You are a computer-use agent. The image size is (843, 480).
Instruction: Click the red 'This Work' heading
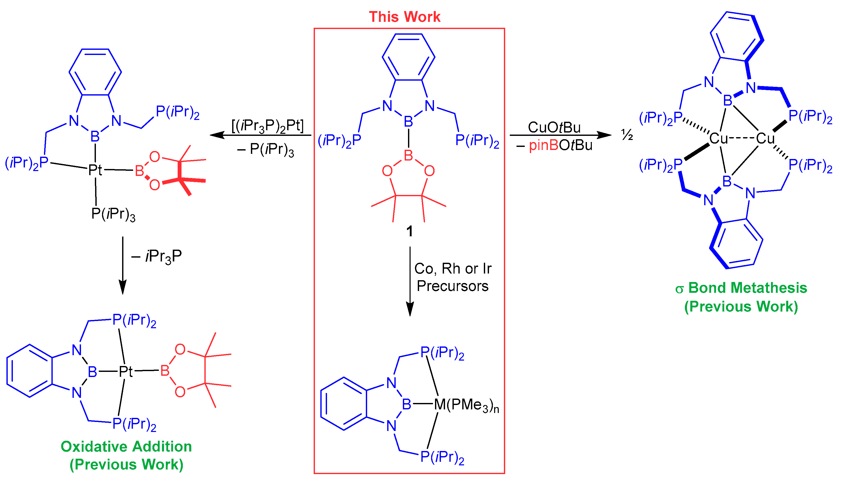pos(404,16)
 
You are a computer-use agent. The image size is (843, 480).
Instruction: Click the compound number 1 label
pos(410,231)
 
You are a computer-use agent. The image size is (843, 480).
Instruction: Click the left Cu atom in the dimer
pos(718,138)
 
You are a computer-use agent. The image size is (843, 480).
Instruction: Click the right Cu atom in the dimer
pos(765,138)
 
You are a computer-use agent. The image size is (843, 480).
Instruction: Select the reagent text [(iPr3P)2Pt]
pos(267,126)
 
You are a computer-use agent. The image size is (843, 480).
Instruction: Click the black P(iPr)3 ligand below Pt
pos(113,214)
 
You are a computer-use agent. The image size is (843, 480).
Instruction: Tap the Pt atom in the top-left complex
pos(95,170)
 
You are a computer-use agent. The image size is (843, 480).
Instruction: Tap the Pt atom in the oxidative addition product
pos(125,372)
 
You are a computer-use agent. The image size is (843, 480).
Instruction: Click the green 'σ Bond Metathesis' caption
pos(741,288)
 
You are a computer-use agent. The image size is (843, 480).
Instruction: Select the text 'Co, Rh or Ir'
pos(453,269)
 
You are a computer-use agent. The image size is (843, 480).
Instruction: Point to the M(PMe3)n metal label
pos(466,405)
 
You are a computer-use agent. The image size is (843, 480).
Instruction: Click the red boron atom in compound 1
pos(409,155)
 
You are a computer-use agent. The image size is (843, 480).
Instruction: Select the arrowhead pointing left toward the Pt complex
pos(216,135)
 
